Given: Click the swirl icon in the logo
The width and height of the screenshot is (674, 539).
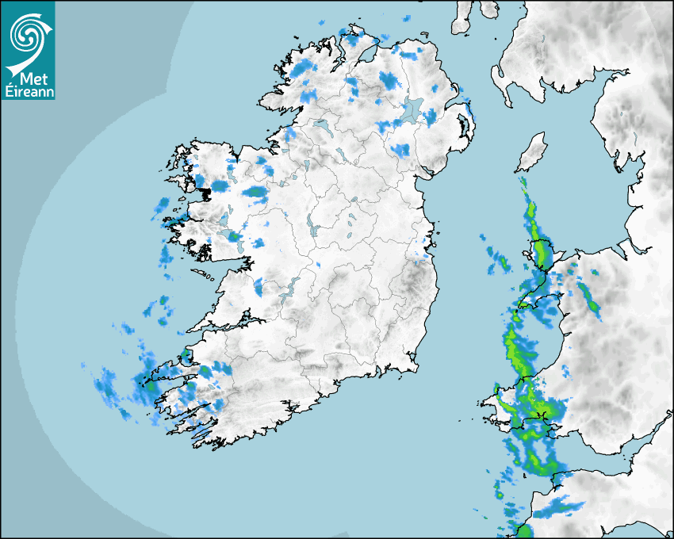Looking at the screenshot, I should pyautogui.click(x=25, y=34).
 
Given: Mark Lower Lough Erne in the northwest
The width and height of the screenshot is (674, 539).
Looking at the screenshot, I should pyautogui.click(x=322, y=125).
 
